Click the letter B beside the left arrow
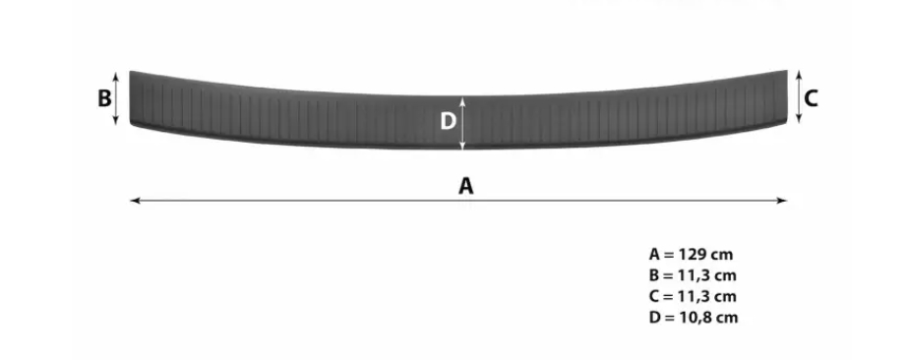click(104, 98)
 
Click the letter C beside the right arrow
click(811, 98)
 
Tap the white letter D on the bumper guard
click(449, 122)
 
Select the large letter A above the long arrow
click(466, 186)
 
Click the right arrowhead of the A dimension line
click(784, 201)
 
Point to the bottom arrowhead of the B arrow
click(116, 122)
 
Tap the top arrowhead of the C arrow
click(798, 74)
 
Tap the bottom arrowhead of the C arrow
click(798, 120)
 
